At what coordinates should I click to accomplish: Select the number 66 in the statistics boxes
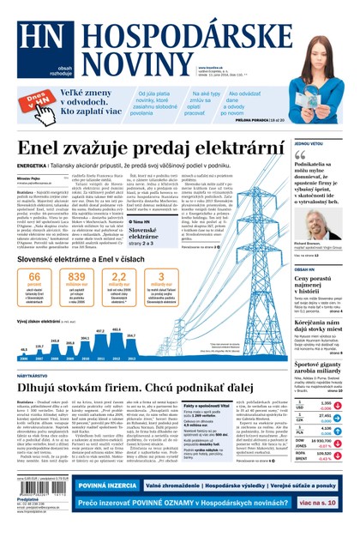[34, 278]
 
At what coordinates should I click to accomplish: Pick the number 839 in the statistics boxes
[76, 278]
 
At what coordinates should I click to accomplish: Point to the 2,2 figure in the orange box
[118, 278]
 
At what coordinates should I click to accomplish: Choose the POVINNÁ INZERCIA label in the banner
[111, 486]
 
